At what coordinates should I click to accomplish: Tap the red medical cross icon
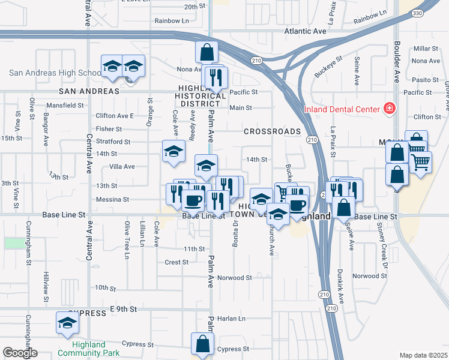pos(389,109)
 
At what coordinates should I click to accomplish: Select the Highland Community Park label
pos(89,349)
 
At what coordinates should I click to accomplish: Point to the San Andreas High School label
pos(55,73)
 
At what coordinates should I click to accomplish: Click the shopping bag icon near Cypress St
pos(202,344)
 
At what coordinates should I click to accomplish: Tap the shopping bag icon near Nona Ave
pos(206,52)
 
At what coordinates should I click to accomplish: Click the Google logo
pos(19,353)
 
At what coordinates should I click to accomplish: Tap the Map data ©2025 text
pos(423,355)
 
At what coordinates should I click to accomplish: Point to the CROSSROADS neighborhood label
pos(271,131)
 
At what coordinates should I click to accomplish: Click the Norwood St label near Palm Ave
pos(235,278)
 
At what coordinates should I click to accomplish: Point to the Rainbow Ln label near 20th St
pos(172,20)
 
